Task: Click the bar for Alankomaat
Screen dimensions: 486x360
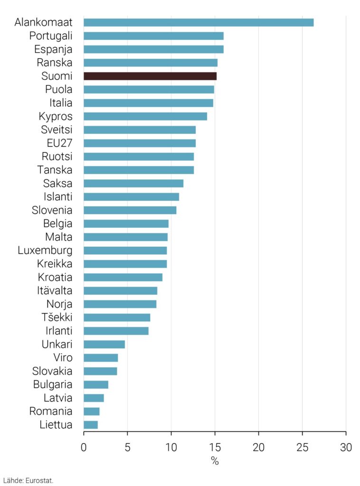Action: tap(199, 22)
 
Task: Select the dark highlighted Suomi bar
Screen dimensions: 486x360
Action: tap(150, 76)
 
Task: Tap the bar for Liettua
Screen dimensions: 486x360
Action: tap(91, 425)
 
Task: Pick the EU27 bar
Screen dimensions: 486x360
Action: tap(140, 143)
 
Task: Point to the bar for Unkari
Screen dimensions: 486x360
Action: tap(104, 344)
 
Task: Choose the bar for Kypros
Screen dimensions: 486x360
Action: tap(145, 116)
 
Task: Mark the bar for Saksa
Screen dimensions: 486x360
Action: tap(133, 183)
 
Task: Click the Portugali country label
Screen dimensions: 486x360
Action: tap(51, 36)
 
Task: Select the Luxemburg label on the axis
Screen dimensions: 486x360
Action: tap(45, 250)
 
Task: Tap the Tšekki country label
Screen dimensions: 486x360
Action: tap(57, 318)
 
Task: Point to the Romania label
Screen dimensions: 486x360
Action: tap(51, 411)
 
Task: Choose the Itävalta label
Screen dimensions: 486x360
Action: tap(55, 290)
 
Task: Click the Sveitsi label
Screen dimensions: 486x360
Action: tap(56, 130)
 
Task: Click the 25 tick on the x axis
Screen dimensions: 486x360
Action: tap(302, 447)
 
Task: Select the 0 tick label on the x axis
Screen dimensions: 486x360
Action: tap(84, 447)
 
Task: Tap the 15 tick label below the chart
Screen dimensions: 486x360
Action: tap(215, 447)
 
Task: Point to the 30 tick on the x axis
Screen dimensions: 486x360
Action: tap(346, 447)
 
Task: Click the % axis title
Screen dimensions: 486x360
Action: tap(215, 461)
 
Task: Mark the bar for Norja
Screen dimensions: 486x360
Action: tap(120, 304)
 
